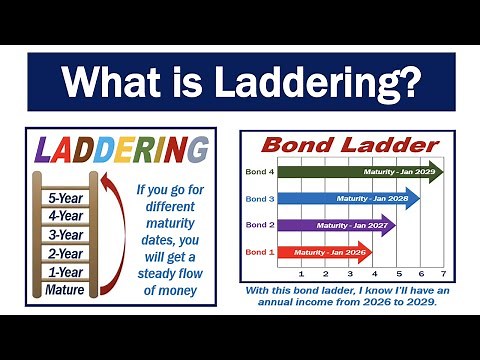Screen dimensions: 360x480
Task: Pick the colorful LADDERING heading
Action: coord(119,152)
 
